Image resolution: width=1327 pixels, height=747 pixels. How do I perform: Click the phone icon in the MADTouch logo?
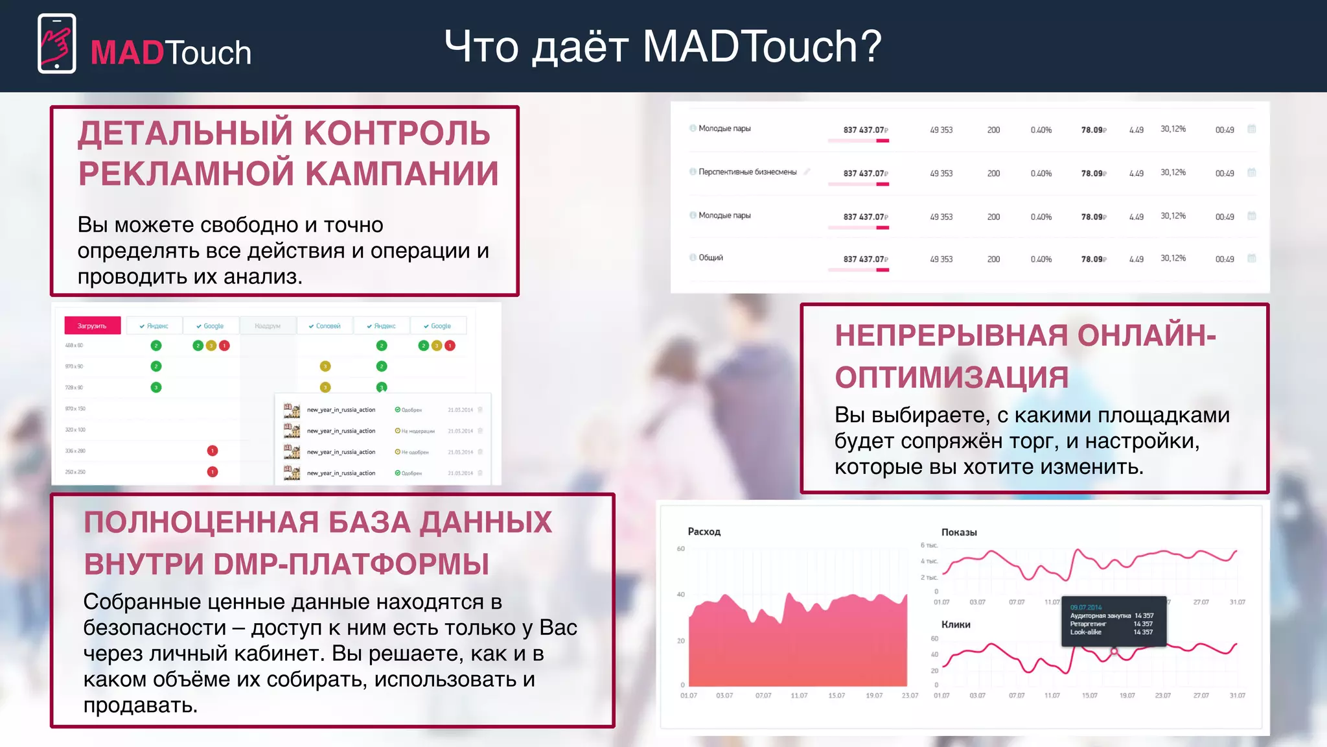pyautogui.click(x=57, y=43)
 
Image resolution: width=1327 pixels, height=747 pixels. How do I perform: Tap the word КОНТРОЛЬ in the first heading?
pyautogui.click(x=397, y=133)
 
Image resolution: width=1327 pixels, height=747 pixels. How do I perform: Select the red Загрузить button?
pyautogui.click(x=92, y=326)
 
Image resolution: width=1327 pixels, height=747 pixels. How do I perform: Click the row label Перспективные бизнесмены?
pyautogui.click(x=747, y=172)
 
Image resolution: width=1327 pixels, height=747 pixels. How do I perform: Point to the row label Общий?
pyautogui.click(x=710, y=257)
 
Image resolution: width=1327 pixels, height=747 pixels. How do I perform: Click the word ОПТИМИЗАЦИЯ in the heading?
pyautogui.click(x=951, y=377)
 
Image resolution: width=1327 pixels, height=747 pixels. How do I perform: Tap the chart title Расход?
pyautogui.click(x=704, y=532)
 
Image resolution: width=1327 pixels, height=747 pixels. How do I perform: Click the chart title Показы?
pyautogui.click(x=958, y=532)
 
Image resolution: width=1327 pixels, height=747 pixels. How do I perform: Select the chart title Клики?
pyautogui.click(x=955, y=624)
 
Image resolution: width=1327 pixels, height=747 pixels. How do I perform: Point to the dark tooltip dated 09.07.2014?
pyautogui.click(x=1113, y=621)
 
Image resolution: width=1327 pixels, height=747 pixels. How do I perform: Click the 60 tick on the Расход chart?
pyautogui.click(x=680, y=549)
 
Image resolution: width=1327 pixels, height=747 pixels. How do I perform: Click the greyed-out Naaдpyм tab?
pyautogui.click(x=267, y=326)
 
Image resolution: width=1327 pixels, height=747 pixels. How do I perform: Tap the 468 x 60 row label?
pyautogui.click(x=74, y=346)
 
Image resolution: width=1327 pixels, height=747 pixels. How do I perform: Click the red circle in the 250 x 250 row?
pyautogui.click(x=212, y=471)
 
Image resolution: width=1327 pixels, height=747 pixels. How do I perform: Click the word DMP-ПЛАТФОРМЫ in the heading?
pyautogui.click(x=351, y=564)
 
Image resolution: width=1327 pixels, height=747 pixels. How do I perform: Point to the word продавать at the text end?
pyautogui.click(x=140, y=705)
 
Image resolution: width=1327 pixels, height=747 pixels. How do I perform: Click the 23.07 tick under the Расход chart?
pyautogui.click(x=910, y=696)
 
